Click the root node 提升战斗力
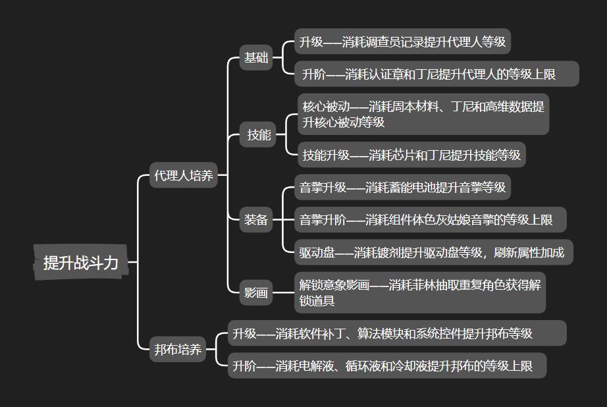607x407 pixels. pos(80,262)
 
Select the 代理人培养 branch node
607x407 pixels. pos(184,176)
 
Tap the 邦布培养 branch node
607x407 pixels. pos(178,350)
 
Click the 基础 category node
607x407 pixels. pos(256,57)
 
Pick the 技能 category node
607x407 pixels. pos(259,135)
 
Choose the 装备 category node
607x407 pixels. pos(256,219)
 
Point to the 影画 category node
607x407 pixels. pos(256,292)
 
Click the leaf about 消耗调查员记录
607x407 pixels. pos(402,42)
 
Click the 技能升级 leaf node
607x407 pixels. pos(411,155)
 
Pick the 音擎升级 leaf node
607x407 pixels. pos(402,187)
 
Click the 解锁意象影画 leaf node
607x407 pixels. pos(419,293)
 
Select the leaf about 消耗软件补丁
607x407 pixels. pos(397,333)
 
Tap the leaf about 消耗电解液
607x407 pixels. pos(388,365)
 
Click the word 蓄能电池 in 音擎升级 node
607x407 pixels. pos(425,187)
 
